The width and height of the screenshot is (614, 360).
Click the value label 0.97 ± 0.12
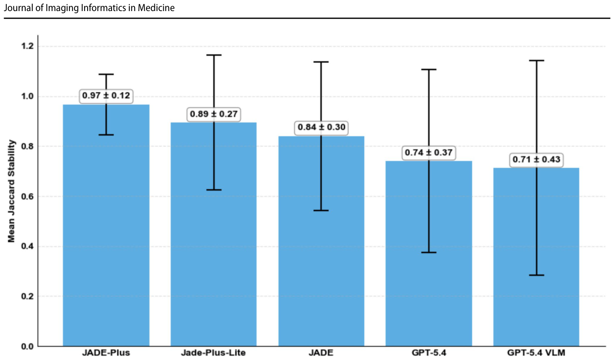click(106, 96)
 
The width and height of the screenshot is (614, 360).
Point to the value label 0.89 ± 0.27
click(213, 114)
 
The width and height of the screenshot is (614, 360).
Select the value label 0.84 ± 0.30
click(321, 127)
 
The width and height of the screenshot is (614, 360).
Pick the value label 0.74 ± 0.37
click(429, 152)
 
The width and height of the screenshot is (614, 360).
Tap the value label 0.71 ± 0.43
click(536, 159)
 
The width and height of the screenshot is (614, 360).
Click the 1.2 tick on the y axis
click(27, 46)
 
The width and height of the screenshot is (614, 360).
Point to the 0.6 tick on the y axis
click(27, 196)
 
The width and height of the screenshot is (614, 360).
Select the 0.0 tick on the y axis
click(27, 346)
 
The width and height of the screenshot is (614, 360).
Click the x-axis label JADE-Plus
click(106, 352)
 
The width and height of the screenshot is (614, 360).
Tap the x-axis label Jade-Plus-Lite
click(213, 352)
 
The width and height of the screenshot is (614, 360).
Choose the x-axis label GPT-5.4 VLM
click(536, 352)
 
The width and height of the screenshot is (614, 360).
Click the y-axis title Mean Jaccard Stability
click(11, 191)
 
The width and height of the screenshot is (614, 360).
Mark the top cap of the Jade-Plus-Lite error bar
click(214, 55)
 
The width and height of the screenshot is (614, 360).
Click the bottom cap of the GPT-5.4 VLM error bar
click(537, 275)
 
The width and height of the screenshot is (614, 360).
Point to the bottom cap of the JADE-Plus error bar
click(106, 135)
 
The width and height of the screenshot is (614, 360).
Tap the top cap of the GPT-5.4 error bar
click(429, 70)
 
